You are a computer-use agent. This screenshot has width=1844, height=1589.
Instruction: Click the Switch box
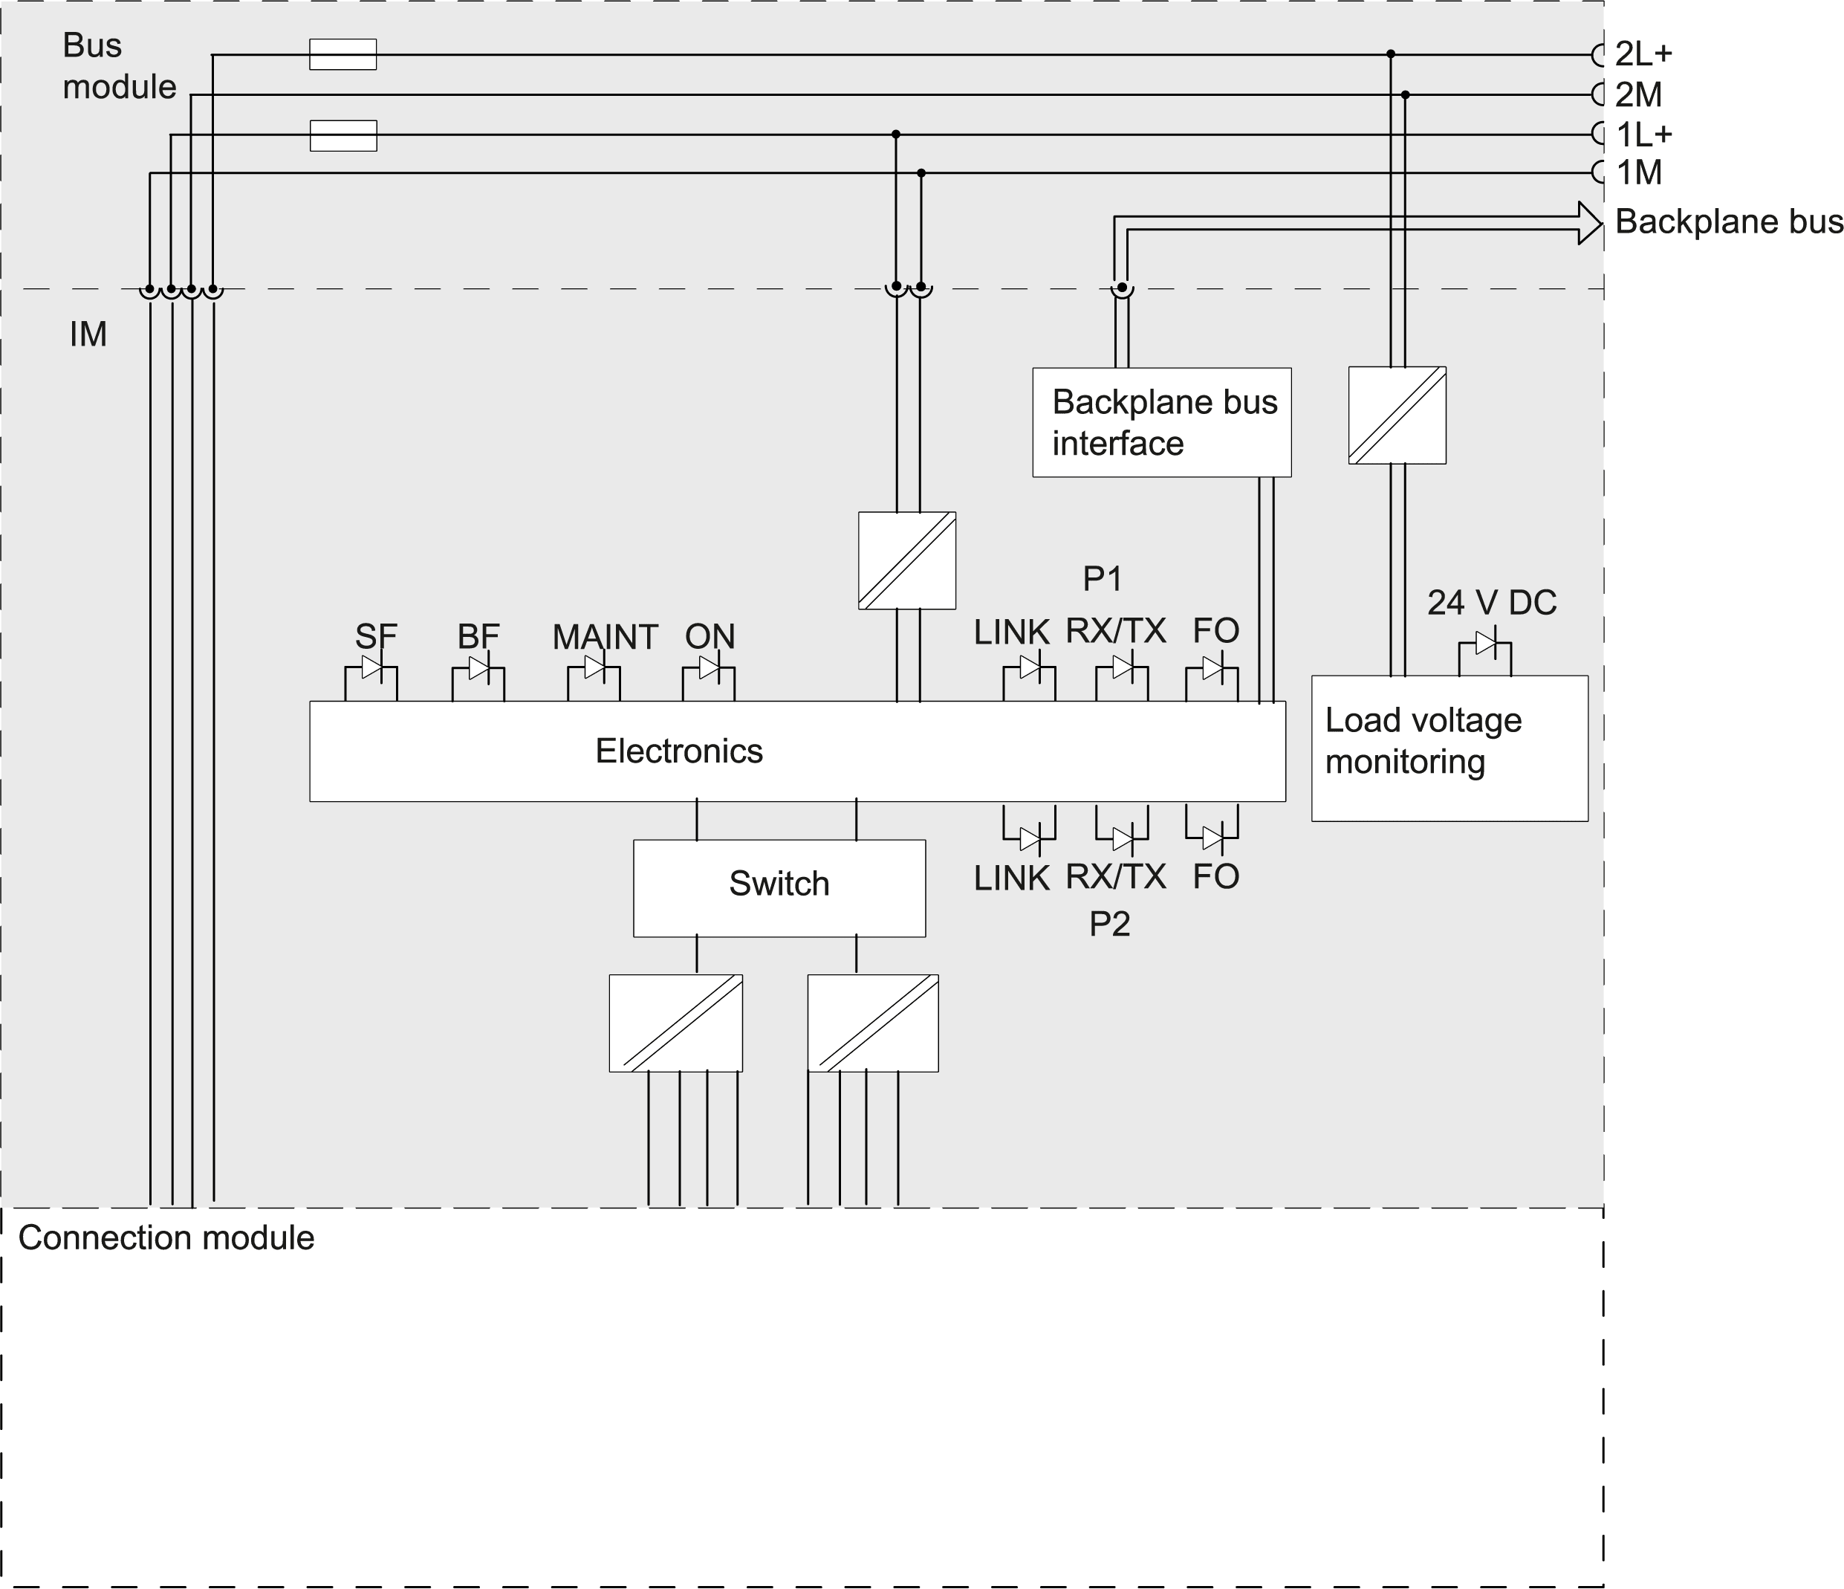pos(779,887)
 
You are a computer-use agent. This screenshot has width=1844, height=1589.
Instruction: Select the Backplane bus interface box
pos(1161,423)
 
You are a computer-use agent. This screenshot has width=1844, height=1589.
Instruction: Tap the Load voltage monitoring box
pos(1449,748)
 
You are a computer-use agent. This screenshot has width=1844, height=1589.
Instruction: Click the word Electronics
pos(679,751)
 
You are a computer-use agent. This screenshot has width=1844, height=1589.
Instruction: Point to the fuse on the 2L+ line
pos(342,54)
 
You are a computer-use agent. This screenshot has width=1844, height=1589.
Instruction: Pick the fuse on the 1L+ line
pos(342,135)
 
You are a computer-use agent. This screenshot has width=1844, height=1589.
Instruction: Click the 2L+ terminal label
pos(1643,54)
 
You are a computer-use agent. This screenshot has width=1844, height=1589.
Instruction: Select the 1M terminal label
pos(1638,172)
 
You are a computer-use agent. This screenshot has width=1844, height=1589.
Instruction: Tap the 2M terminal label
pos(1638,94)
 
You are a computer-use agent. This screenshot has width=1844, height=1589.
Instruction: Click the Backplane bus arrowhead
pos(1589,222)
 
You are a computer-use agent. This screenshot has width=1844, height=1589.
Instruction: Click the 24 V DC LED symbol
pos(1485,643)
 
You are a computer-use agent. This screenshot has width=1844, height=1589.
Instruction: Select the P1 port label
pos(1102,580)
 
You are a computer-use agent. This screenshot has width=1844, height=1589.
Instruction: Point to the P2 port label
pos(1109,924)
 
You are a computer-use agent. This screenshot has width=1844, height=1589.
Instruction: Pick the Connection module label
pos(166,1238)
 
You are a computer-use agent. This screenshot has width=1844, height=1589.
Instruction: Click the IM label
pos(88,334)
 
